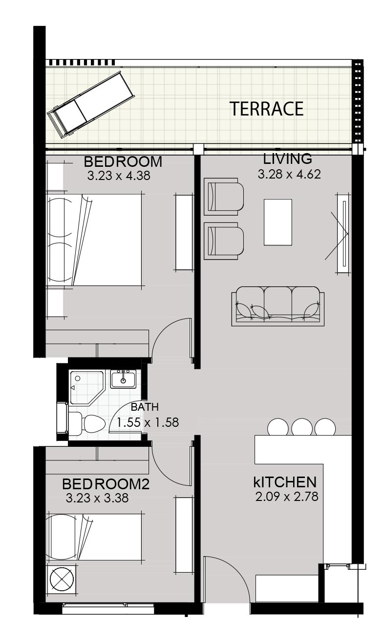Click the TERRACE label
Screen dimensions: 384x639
[x=267, y=109]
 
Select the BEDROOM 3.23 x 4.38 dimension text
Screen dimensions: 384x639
[x=119, y=176]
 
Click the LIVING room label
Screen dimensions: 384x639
[x=287, y=159]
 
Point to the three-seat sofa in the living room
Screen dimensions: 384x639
[x=277, y=306]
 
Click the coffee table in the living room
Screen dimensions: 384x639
[x=278, y=222]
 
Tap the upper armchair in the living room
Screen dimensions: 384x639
[x=223, y=197]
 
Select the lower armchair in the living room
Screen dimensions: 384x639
[x=223, y=241]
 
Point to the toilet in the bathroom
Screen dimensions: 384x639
[x=85, y=423]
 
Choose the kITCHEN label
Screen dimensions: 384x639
[x=285, y=482]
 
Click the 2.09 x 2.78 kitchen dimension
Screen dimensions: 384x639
[x=287, y=497]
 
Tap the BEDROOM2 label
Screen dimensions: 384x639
[x=106, y=484]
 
